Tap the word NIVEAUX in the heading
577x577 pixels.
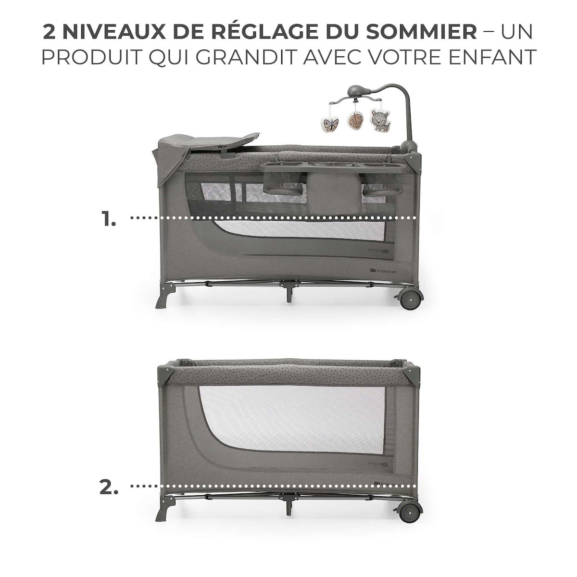point(112,32)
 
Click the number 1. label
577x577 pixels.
point(109,220)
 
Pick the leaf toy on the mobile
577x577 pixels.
point(355,122)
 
